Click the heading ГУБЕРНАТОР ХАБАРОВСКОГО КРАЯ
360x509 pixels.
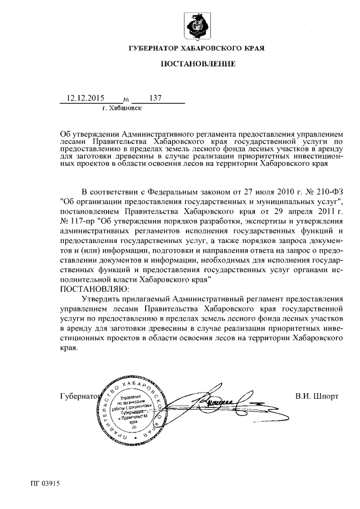[196, 49]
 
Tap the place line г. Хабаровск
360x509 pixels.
[122, 107]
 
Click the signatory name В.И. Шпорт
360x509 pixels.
[317, 396]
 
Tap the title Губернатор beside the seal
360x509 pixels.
[78, 396]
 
